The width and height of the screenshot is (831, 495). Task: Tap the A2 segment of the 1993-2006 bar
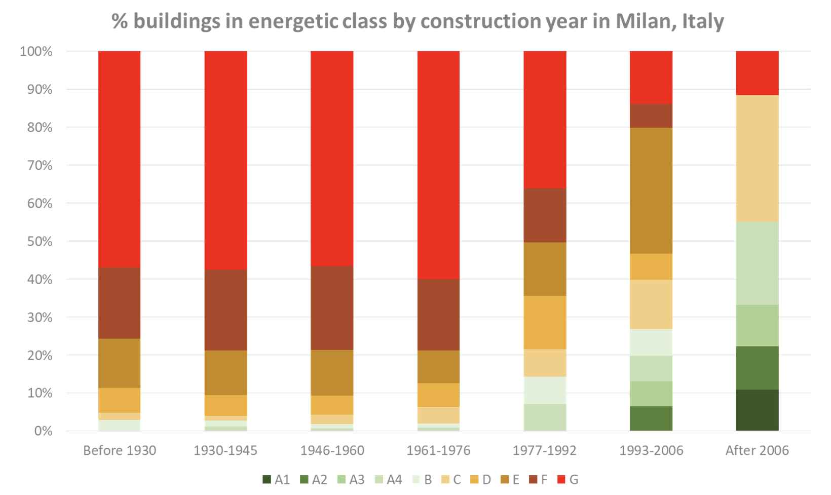pyautogui.click(x=651, y=418)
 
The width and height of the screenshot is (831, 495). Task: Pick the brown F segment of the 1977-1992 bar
pyautogui.click(x=545, y=215)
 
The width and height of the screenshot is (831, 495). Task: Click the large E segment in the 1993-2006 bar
pyautogui.click(x=651, y=190)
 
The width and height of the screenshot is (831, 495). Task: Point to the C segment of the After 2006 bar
pyautogui.click(x=757, y=158)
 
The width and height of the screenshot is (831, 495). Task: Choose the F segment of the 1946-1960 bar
pyautogui.click(x=332, y=307)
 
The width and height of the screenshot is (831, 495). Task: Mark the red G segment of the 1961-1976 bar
pyautogui.click(x=438, y=165)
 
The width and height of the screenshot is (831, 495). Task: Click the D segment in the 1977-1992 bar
pyautogui.click(x=545, y=322)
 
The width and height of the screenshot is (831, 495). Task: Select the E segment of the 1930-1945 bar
pyautogui.click(x=225, y=372)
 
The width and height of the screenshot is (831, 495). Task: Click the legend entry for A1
pyautogui.click(x=276, y=480)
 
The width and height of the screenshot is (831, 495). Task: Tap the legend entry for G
pyautogui.click(x=568, y=480)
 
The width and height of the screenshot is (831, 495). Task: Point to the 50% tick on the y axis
pyautogui.click(x=36, y=241)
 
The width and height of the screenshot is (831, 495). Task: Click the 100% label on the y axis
pyautogui.click(x=36, y=51)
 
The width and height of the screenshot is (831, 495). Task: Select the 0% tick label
pyautogui.click(x=43, y=431)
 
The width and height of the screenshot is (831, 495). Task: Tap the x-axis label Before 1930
pyautogui.click(x=120, y=450)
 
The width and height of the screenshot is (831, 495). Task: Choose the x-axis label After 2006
pyautogui.click(x=757, y=450)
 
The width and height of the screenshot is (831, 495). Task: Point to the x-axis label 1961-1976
pyautogui.click(x=438, y=450)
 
